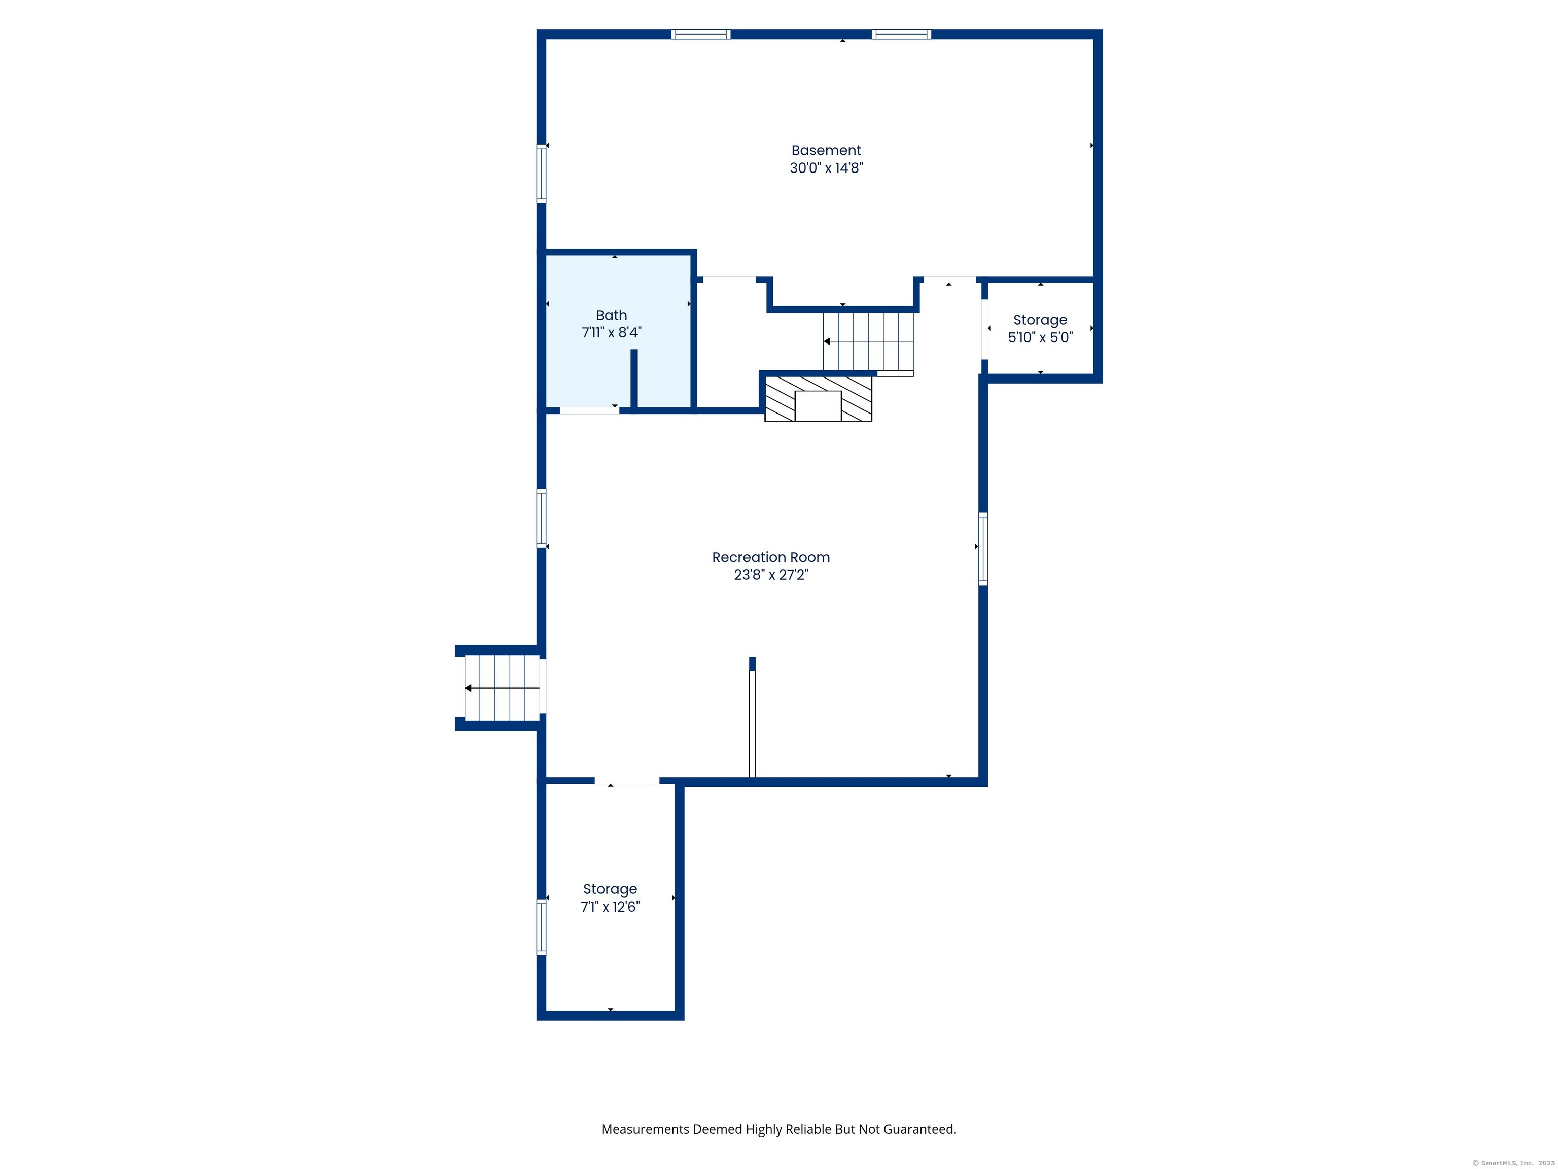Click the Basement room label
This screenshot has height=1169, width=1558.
826,150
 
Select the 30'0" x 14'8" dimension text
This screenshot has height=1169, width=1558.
826,168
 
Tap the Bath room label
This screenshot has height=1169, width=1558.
611,315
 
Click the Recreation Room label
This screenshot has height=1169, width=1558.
770,557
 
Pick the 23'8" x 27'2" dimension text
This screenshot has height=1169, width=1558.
770,575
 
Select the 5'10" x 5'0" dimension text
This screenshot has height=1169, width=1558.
1040,337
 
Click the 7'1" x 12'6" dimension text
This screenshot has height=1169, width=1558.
610,907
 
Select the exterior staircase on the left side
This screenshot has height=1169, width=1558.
502,687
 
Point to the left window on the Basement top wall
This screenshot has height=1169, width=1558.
701,34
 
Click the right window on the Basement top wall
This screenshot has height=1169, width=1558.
902,34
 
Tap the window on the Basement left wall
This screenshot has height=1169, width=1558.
542,174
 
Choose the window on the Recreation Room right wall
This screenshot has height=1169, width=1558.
983,549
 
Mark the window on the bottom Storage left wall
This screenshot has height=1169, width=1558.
542,927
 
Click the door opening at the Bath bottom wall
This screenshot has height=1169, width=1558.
589,410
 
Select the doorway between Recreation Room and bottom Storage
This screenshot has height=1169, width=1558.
627,781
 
